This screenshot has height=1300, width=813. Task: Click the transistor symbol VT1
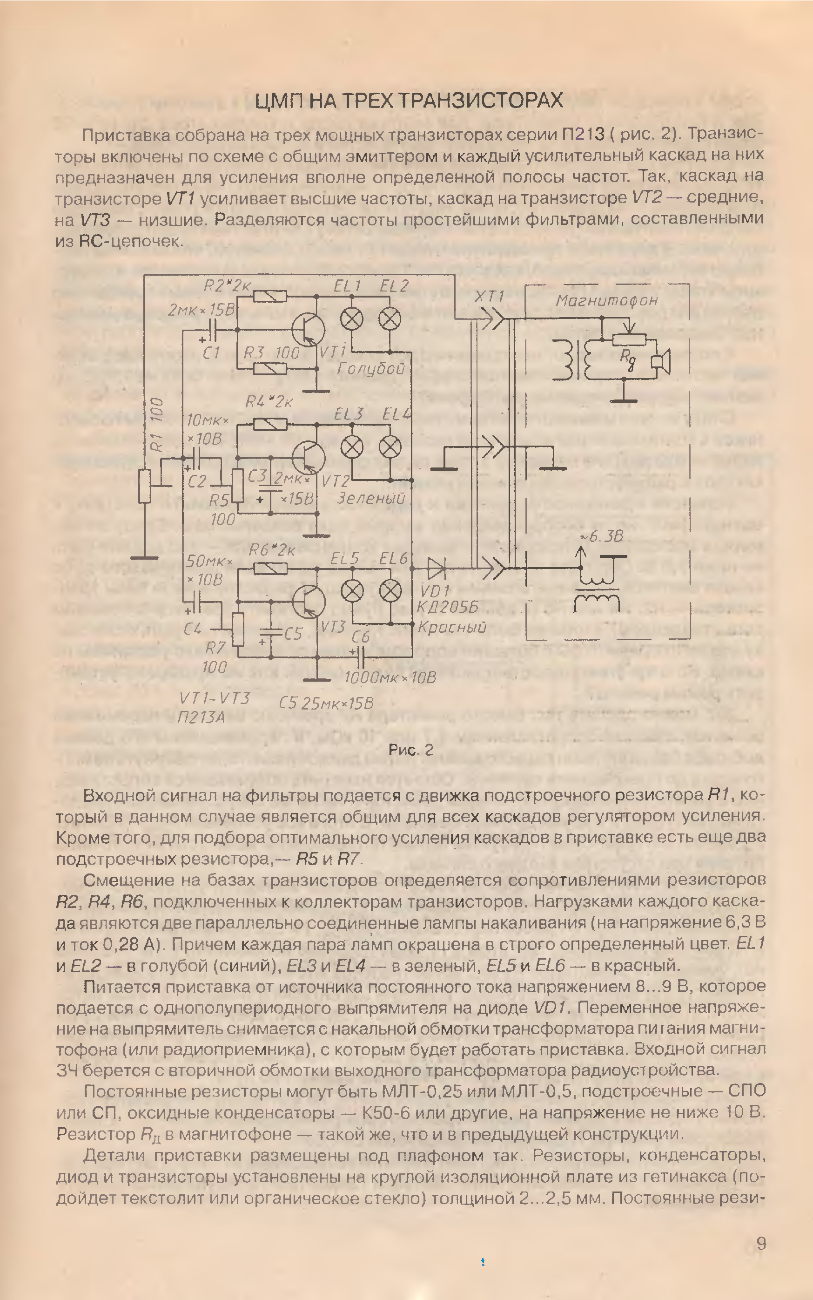point(308,329)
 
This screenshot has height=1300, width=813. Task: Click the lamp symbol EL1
point(352,319)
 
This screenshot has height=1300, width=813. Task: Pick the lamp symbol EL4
point(390,447)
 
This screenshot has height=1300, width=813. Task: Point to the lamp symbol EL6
point(390,590)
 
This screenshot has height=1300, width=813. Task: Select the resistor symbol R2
point(270,296)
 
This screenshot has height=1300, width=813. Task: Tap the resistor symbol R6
point(270,569)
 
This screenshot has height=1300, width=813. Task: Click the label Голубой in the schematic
point(370,368)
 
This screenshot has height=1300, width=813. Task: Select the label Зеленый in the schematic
point(371,499)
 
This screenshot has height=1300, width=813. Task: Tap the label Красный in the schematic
point(452,627)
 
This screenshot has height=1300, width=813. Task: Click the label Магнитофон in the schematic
point(606,300)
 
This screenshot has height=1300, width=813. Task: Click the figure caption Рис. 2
point(411,750)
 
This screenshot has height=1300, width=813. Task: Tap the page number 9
point(761,1244)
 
